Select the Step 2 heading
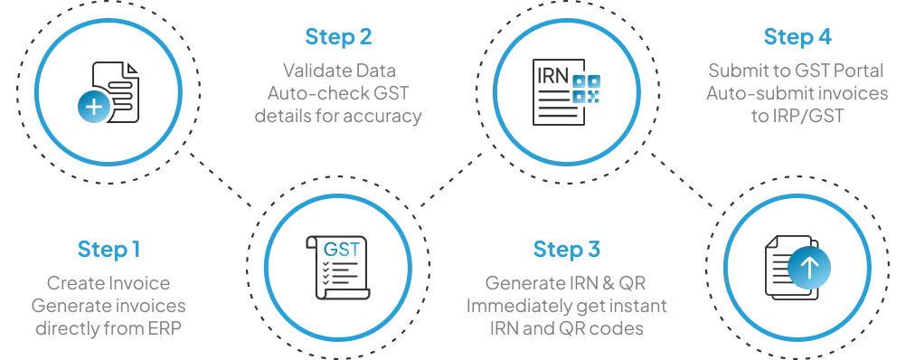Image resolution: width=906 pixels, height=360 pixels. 339,38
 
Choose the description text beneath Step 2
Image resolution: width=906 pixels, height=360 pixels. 339,91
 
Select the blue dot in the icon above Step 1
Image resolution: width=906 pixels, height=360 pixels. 92,106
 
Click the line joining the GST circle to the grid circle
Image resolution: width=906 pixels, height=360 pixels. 447,182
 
